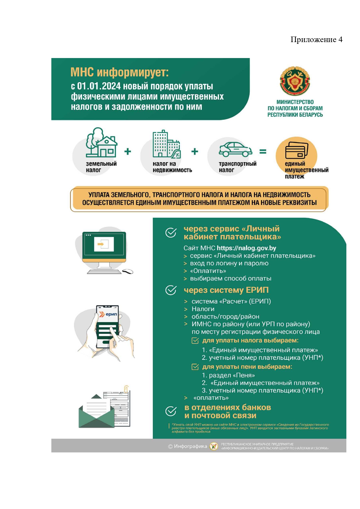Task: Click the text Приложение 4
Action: point(316,39)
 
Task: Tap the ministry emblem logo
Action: point(295,81)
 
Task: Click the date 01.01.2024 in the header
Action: point(99,86)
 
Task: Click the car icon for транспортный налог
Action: point(235,149)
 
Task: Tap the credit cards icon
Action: point(296,150)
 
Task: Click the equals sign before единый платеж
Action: point(263,151)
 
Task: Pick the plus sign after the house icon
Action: point(128,151)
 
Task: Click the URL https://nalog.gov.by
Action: point(246,248)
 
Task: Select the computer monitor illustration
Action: point(104,247)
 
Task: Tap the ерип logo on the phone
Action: point(108,314)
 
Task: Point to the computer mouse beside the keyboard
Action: point(128,271)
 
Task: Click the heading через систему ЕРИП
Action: point(226,290)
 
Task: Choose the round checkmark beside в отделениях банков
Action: point(171,411)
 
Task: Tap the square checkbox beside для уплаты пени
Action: point(195,367)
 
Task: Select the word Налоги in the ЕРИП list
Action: point(203,309)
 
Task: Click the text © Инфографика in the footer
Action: point(188,446)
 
